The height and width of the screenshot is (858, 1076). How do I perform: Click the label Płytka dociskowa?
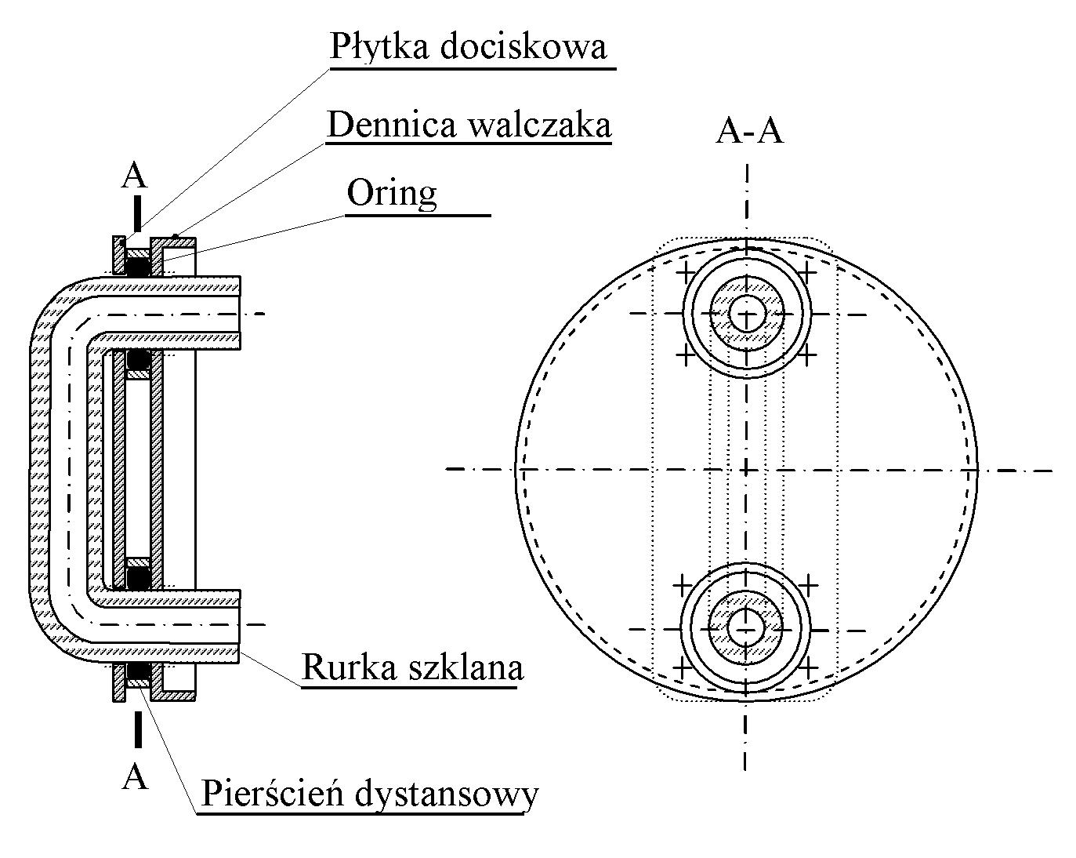pos(468,46)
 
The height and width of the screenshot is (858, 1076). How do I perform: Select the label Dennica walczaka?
pos(469,125)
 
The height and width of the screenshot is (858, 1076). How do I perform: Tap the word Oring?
pos(392,193)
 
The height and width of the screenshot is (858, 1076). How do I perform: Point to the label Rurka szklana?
pos(412,667)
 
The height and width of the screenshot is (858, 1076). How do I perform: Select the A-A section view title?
pos(749,132)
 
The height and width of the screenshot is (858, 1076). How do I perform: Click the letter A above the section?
pos(134,176)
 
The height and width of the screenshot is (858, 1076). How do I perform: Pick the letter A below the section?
pos(136,776)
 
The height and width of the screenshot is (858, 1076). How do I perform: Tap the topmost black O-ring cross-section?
pos(139,267)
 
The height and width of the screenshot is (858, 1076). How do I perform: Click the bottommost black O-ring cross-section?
pos(139,671)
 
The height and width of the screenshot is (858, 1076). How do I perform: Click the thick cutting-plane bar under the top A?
pos(136,210)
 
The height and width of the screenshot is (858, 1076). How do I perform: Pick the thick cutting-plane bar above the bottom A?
pos(136,730)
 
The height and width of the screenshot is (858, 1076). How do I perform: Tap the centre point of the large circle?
pos(747,470)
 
